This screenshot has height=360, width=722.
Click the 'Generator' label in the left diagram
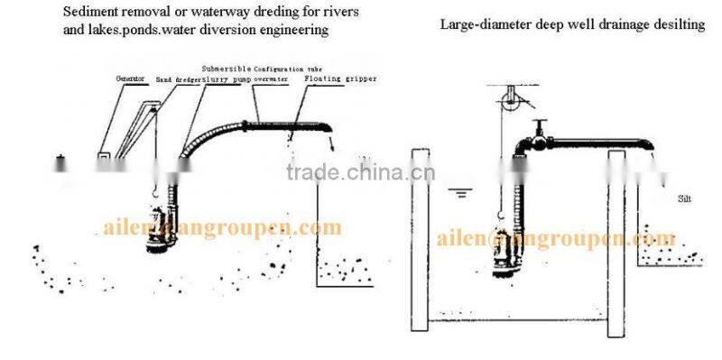pos(131,78)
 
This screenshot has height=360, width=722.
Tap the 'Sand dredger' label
pos(177,78)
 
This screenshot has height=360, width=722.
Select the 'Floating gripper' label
pos(339,78)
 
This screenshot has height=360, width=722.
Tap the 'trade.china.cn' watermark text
pos(361,173)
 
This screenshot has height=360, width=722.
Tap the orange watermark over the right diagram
pos(556,238)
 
